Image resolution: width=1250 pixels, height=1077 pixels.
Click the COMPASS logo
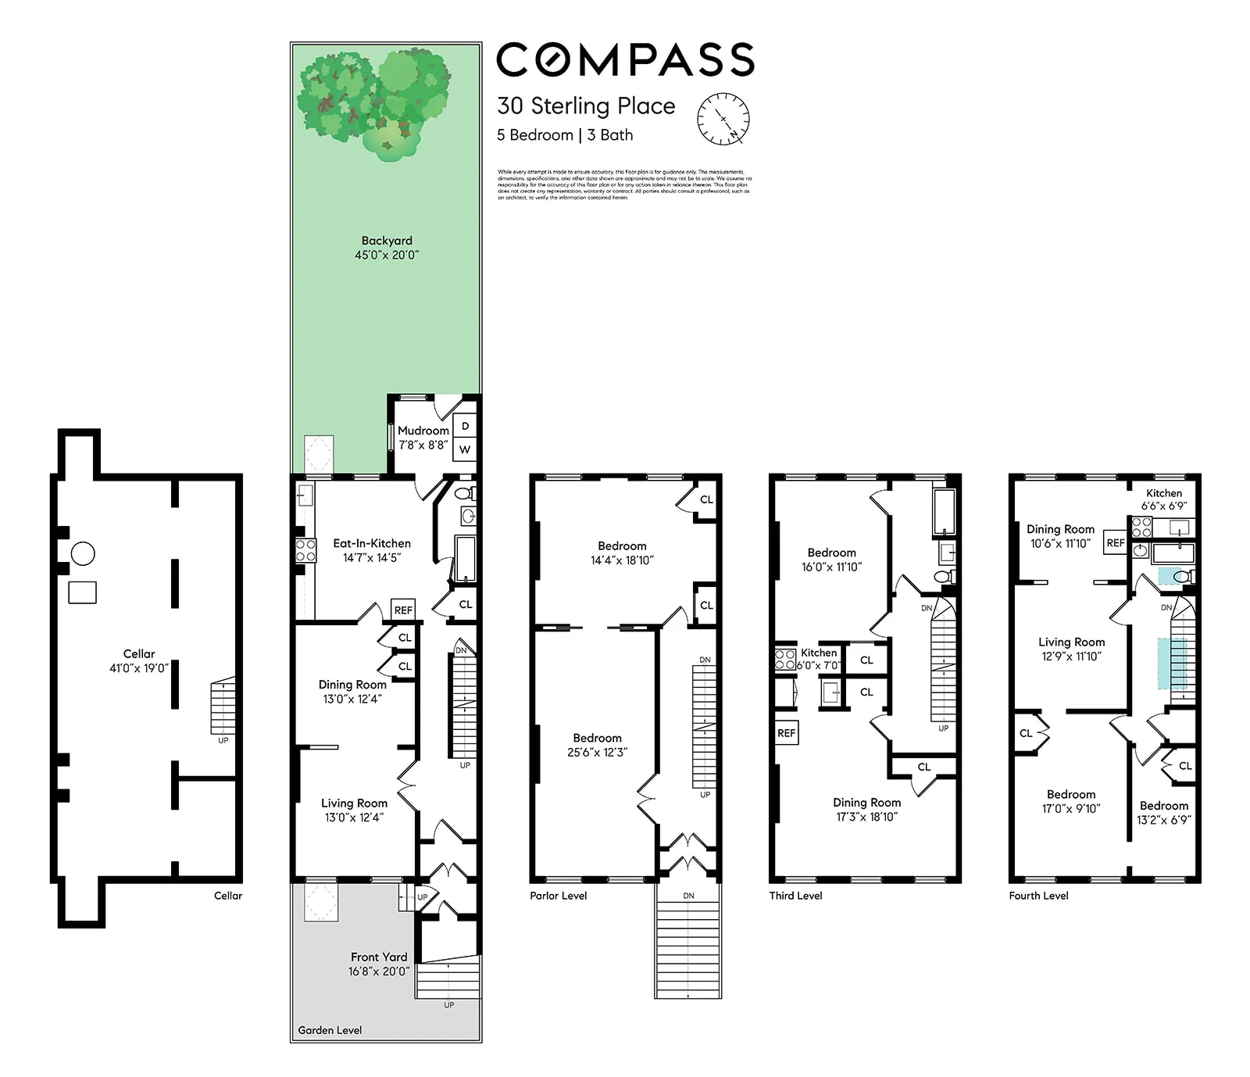[x=625, y=60]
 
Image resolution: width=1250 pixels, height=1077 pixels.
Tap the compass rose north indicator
[x=723, y=119]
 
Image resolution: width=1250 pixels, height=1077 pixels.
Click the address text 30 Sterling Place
[x=586, y=106]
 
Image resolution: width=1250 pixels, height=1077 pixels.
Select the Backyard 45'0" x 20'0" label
[x=387, y=248]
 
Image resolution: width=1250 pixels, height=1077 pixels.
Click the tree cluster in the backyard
[x=373, y=98]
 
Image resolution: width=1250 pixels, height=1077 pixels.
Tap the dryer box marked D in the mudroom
[x=465, y=426]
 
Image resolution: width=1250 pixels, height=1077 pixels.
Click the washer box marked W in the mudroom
[x=465, y=449]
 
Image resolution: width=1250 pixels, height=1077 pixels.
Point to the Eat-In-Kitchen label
[x=371, y=550]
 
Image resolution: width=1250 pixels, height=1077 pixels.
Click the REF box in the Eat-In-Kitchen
[x=403, y=610]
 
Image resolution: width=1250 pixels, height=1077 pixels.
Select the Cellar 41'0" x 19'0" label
[x=139, y=660]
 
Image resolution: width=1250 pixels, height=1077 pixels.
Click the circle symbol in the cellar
[x=83, y=554]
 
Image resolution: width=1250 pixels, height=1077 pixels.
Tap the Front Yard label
[x=378, y=964]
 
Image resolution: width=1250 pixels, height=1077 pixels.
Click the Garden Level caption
[x=330, y=1030]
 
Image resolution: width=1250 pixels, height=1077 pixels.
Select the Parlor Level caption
[x=558, y=896]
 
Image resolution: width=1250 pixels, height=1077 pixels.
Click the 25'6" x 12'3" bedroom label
[x=597, y=745]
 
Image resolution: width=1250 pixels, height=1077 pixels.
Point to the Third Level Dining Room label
[x=866, y=809]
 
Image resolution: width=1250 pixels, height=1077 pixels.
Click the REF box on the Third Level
[x=786, y=733]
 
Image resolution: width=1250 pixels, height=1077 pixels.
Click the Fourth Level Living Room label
[x=1071, y=649]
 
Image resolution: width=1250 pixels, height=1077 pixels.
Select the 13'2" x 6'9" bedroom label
[x=1163, y=813]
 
